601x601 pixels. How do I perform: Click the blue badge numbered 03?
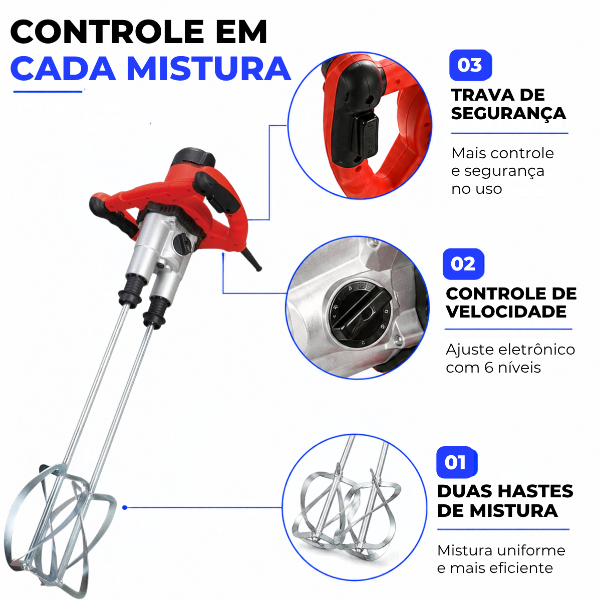(x=470, y=65)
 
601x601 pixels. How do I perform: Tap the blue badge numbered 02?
(x=463, y=264)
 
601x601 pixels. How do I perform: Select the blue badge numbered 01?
(x=457, y=462)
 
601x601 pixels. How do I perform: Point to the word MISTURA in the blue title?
(x=209, y=69)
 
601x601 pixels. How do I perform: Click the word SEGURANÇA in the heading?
(x=508, y=114)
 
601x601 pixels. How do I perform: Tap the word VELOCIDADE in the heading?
(x=506, y=311)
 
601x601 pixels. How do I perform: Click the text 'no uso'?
(x=477, y=189)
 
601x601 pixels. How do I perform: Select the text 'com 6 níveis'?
(x=493, y=368)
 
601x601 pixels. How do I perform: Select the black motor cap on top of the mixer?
(x=193, y=157)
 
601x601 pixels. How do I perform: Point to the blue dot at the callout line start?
(x=125, y=508)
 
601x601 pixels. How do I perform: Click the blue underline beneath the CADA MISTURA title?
(x=48, y=92)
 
